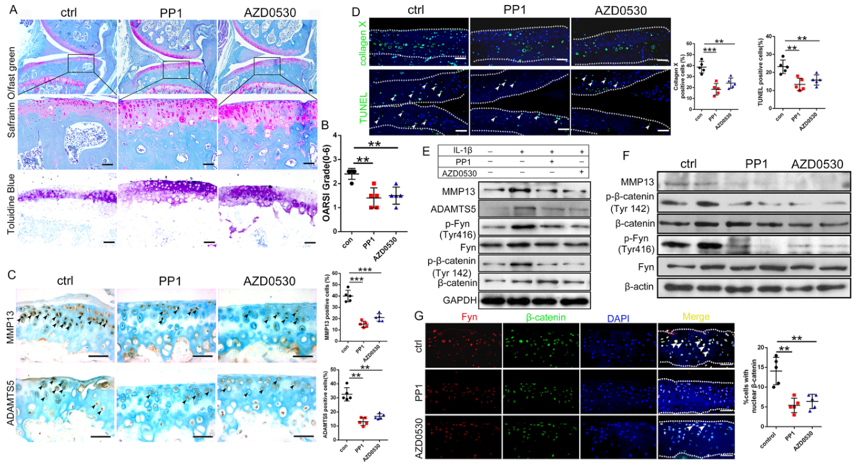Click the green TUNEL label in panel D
[x=362, y=102]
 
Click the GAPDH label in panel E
[x=455, y=300]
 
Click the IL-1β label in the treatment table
[x=455, y=150]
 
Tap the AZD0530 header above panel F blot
[x=817, y=165]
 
